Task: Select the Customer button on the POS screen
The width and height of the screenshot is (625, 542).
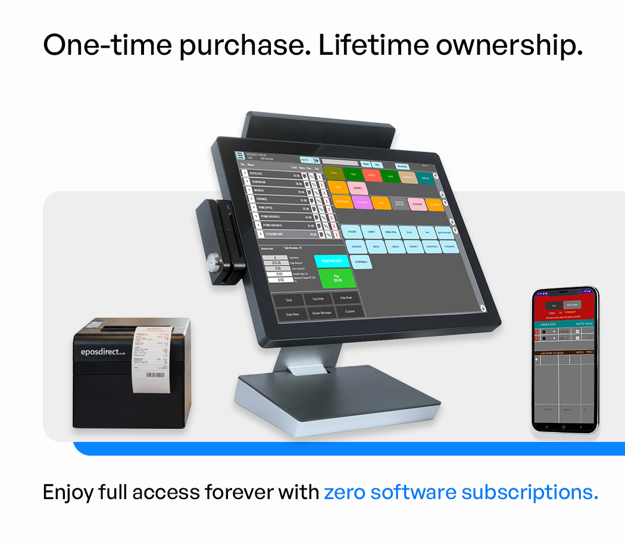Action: (350, 312)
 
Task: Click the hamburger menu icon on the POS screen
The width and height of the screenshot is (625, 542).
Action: (240, 155)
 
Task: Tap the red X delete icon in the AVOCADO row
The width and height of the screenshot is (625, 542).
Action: (322, 176)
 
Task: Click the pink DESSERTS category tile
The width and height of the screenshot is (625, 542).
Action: (357, 188)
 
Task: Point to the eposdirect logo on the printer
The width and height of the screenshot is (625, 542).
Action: (102, 352)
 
